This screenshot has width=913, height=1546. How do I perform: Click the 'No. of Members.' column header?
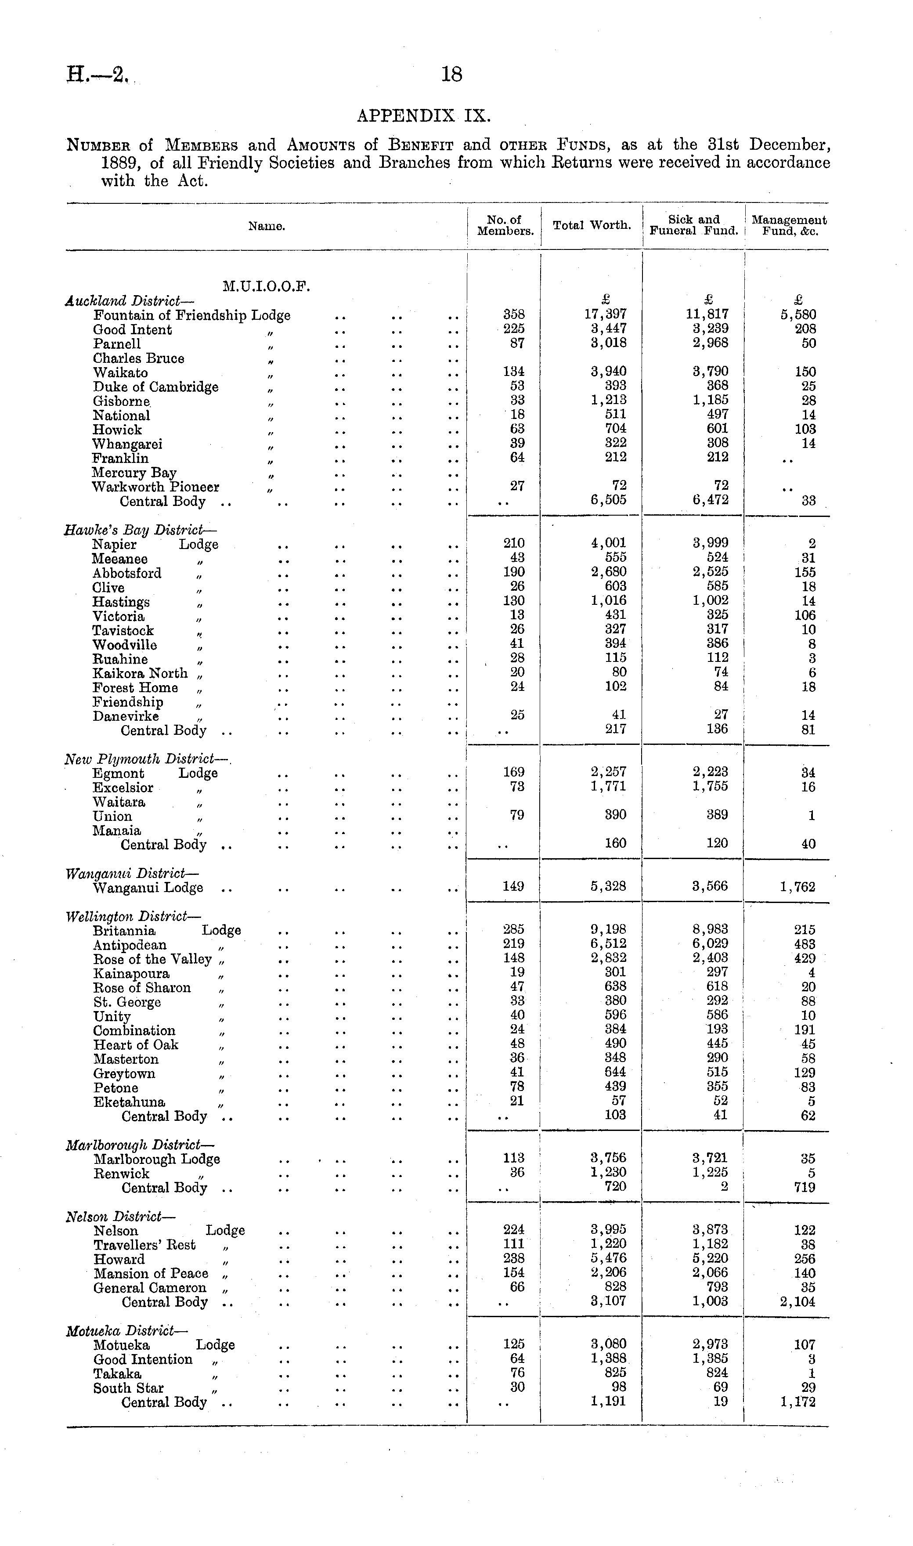pos(505,225)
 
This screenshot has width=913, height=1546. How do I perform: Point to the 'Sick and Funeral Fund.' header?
pos(693,225)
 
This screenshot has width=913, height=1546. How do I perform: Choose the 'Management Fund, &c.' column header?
pos(789,225)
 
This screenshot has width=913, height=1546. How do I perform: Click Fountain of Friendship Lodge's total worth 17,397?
pos(606,315)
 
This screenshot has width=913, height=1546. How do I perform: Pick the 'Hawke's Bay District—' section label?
pos(140,530)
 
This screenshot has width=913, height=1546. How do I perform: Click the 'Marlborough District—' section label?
pos(140,1145)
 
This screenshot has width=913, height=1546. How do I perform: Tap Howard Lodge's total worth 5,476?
pos(608,1259)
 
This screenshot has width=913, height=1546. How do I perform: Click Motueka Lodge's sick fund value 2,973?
pos(710,1345)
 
